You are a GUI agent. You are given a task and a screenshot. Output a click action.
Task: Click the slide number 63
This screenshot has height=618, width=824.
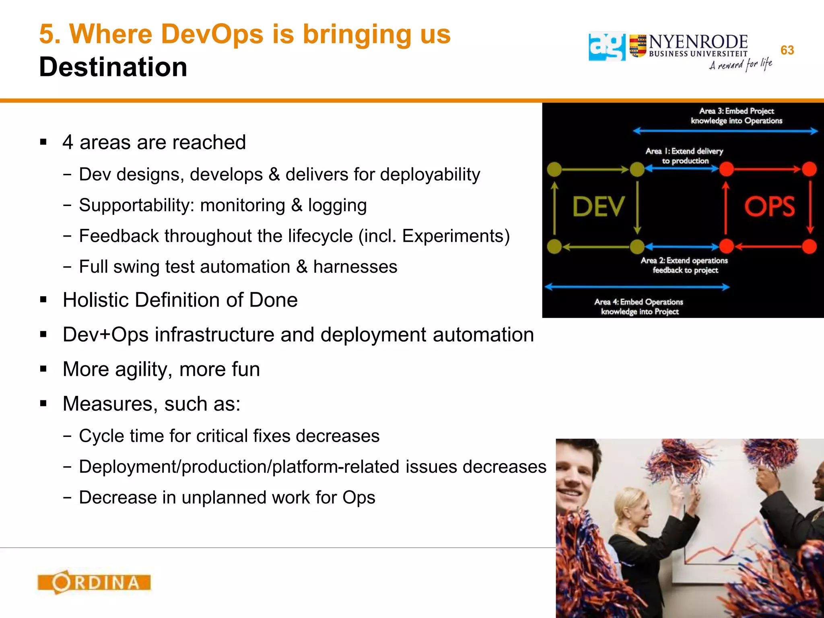[x=787, y=50]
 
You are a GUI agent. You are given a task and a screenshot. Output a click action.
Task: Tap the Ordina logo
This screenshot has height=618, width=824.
[x=94, y=582]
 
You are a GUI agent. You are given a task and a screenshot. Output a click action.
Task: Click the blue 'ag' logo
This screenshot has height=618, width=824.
[x=607, y=47]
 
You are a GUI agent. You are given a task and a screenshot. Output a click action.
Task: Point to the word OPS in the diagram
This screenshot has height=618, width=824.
[x=769, y=207]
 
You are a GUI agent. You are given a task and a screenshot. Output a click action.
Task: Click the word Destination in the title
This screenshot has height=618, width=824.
[x=113, y=67]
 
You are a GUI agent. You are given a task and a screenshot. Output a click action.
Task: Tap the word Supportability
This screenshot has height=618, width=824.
[x=136, y=205]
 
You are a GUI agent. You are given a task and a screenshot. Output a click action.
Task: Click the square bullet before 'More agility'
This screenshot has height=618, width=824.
[x=43, y=369]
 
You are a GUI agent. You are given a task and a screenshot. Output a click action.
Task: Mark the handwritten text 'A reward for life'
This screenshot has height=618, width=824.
[x=740, y=65]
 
